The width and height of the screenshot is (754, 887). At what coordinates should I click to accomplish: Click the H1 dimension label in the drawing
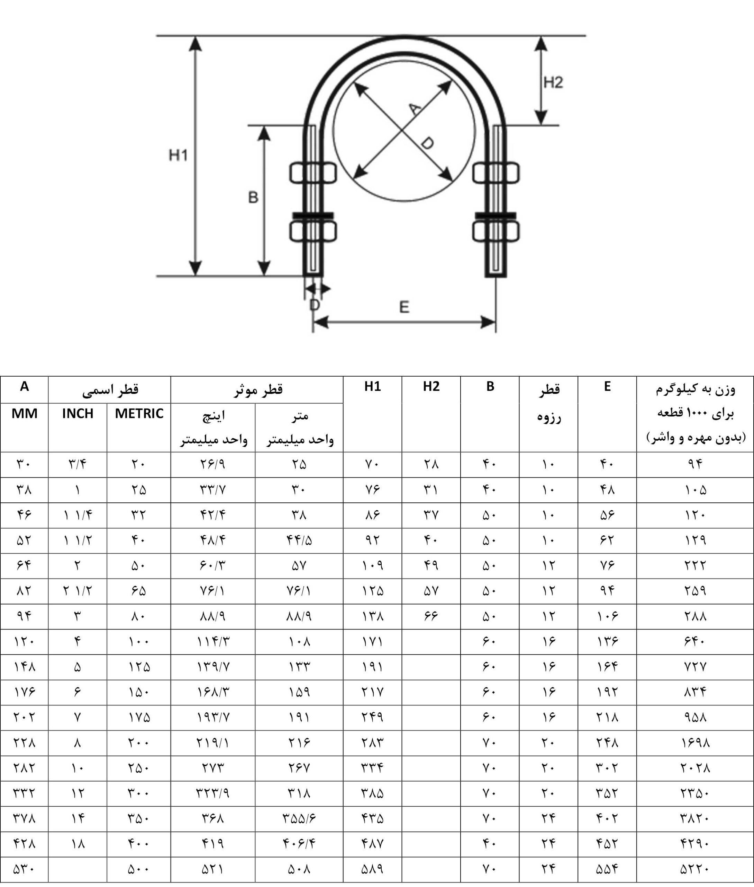click(178, 155)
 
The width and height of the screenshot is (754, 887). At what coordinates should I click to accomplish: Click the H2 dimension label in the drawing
click(553, 82)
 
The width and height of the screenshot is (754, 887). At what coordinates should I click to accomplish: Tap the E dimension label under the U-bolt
click(404, 307)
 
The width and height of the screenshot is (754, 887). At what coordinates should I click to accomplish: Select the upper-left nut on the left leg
click(313, 173)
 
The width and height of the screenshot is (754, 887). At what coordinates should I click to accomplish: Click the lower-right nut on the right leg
click(496, 231)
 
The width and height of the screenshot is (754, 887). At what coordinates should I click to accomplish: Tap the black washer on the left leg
click(313, 215)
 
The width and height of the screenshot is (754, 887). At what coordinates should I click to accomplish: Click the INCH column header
click(78, 413)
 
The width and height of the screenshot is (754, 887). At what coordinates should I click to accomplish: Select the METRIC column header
click(139, 413)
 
